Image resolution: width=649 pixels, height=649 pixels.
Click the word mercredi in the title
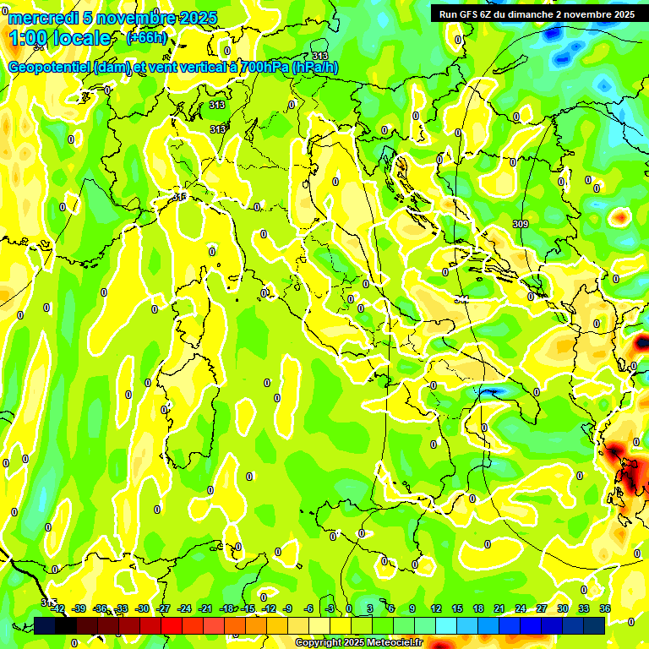coord(41,18)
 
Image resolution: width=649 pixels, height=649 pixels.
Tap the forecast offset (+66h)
coord(147,38)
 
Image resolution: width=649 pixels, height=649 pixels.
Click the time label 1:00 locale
coord(60,38)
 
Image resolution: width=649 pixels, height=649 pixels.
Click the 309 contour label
coord(521,224)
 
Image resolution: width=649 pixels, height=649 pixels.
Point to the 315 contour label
coord(179,197)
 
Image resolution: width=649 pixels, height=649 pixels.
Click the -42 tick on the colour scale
coord(58,608)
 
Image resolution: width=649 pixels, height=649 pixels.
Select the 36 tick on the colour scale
coord(605,608)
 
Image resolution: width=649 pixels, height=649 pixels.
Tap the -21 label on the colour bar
coord(205,608)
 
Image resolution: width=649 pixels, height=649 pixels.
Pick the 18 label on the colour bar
coord(478,608)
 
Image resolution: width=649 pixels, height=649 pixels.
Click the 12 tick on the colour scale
coord(436,608)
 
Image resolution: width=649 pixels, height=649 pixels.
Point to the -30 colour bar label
coord(142,608)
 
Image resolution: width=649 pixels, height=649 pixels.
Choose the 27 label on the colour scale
coord(542,608)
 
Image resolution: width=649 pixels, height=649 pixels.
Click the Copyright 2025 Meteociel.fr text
coord(359,643)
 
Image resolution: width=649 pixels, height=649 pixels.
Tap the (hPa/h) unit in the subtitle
coord(315,68)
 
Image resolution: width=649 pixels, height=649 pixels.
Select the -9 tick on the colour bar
coord(287,608)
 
